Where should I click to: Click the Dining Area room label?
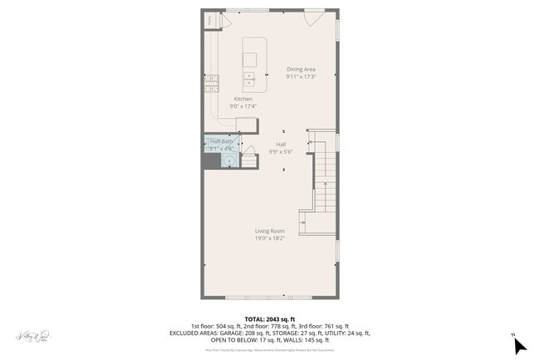(301, 69)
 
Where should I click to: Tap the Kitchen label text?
(243, 99)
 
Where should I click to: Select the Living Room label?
(270, 230)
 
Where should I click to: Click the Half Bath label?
(221, 141)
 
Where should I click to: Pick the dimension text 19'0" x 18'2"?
(270, 238)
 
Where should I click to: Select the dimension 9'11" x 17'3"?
(301, 76)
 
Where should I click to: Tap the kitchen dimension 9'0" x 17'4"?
(243, 106)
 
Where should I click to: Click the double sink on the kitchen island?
(249, 81)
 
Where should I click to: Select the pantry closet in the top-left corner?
(210, 19)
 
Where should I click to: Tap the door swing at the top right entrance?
(312, 17)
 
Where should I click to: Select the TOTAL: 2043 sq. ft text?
(270, 318)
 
